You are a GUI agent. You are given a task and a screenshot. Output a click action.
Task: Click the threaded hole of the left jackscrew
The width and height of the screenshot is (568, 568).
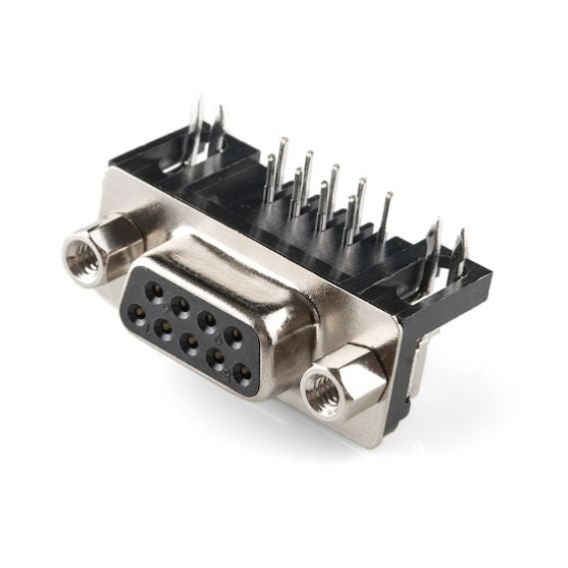coord(80,257)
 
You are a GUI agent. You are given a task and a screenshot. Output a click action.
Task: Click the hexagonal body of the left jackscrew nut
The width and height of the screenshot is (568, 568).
coord(100,239)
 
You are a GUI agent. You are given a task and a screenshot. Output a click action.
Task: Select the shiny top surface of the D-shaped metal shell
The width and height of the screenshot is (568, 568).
coord(259,269)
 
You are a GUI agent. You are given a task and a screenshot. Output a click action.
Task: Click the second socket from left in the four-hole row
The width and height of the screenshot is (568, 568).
coord(180,306)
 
